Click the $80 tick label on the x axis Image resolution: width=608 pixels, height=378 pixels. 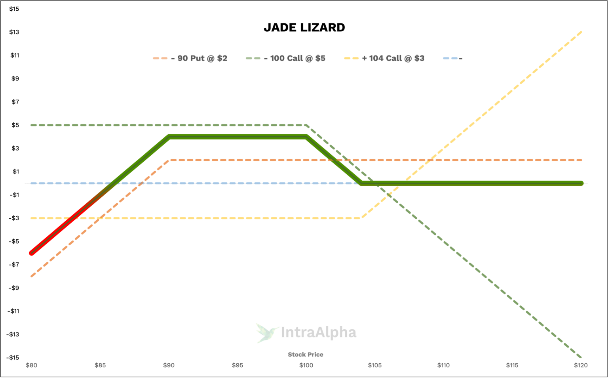[x=31, y=365]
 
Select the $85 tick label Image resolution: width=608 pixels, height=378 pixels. [x=100, y=365]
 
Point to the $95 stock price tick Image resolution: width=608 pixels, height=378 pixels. [x=237, y=365]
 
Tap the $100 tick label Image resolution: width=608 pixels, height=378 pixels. [x=306, y=365]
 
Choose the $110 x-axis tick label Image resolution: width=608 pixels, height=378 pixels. [x=443, y=365]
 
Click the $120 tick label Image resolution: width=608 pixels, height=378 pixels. [x=581, y=365]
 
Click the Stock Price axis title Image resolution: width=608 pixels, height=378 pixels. [x=306, y=355]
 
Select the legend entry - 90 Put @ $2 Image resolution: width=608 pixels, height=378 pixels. [x=199, y=58]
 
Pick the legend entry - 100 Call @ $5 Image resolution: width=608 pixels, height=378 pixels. [x=294, y=58]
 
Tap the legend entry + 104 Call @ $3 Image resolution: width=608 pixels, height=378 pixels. [x=393, y=58]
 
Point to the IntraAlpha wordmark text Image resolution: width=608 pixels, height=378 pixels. [x=318, y=333]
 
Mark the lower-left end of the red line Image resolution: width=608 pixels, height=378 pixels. [x=32, y=253]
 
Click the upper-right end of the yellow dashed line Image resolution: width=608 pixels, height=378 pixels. [x=581, y=32]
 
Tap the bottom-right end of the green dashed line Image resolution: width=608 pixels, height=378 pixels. [x=581, y=357]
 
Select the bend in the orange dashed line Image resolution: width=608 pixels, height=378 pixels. [x=169, y=160]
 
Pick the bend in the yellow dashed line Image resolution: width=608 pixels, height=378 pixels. [x=361, y=218]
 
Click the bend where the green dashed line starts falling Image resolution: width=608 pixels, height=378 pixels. [x=306, y=125]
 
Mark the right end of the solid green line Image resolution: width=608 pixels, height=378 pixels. [x=581, y=183]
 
